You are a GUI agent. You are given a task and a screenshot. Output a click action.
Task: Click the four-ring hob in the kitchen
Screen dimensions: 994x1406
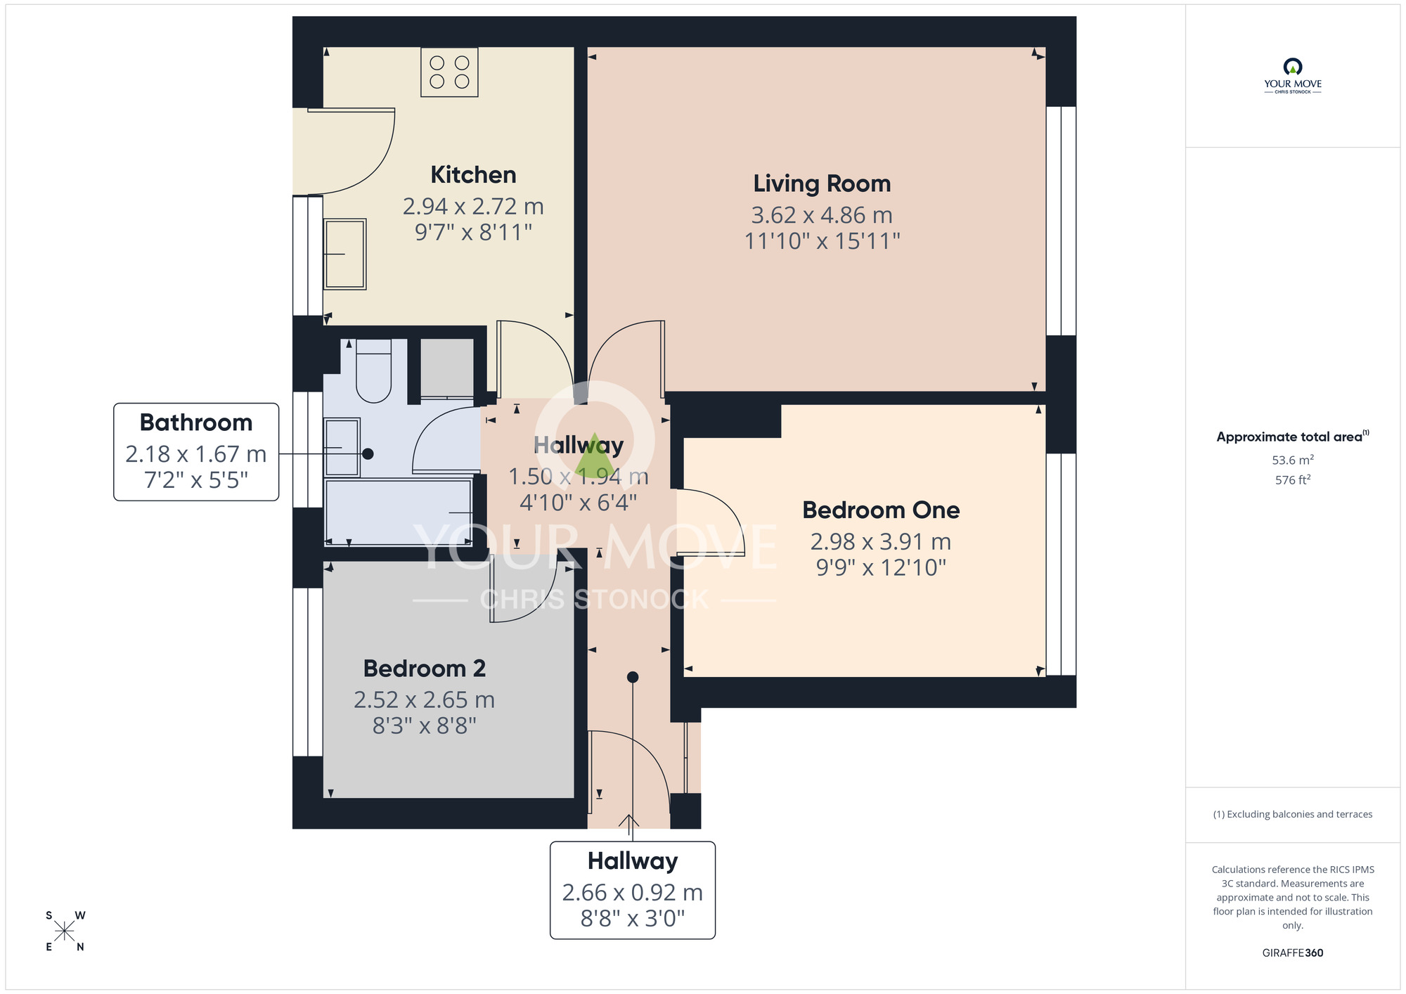pyautogui.click(x=449, y=72)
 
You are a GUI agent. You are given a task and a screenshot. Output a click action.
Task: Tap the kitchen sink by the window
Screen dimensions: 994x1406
pyautogui.click(x=344, y=254)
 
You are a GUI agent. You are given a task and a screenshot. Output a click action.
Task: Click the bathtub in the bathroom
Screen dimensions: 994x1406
pyautogui.click(x=398, y=512)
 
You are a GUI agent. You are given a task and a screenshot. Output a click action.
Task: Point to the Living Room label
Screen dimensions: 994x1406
pyautogui.click(x=822, y=183)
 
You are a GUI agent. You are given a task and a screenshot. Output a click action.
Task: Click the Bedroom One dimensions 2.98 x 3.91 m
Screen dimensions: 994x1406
pyautogui.click(x=880, y=541)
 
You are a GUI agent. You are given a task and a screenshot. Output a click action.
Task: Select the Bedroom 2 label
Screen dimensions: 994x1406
pyautogui.click(x=424, y=669)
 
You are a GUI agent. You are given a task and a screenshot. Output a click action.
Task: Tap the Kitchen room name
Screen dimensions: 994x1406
pyautogui.click(x=473, y=174)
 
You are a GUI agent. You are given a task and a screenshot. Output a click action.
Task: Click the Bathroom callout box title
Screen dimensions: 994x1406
pyautogui.click(x=196, y=422)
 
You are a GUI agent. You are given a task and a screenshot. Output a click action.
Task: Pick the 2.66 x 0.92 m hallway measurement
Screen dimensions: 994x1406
pyautogui.click(x=632, y=892)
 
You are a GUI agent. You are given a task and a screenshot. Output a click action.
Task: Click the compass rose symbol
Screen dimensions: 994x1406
pyautogui.click(x=65, y=931)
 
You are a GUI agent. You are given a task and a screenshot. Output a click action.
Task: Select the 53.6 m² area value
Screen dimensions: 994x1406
pyautogui.click(x=1292, y=460)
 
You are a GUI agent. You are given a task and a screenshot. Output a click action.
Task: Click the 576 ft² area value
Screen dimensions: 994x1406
pyautogui.click(x=1292, y=480)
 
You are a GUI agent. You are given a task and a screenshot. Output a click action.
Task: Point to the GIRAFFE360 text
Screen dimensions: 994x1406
pyautogui.click(x=1292, y=953)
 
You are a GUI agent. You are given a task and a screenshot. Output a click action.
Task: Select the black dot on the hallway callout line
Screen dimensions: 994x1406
pyautogui.click(x=632, y=677)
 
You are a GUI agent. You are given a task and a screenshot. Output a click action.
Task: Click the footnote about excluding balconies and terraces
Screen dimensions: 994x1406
pyautogui.click(x=1292, y=814)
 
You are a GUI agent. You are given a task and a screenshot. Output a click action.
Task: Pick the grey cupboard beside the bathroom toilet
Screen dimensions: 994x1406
pyautogui.click(x=446, y=368)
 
